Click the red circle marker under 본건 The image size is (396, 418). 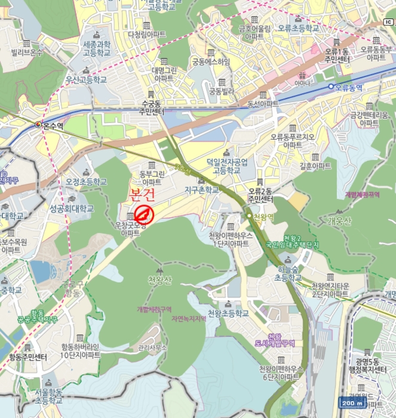145,214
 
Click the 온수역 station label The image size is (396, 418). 53,126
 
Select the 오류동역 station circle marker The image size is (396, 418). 330,87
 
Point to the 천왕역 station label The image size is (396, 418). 263,217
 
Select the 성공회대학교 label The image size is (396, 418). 72,209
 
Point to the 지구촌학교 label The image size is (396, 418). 201,190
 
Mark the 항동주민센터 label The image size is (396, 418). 28,358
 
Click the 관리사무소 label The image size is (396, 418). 152,346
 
